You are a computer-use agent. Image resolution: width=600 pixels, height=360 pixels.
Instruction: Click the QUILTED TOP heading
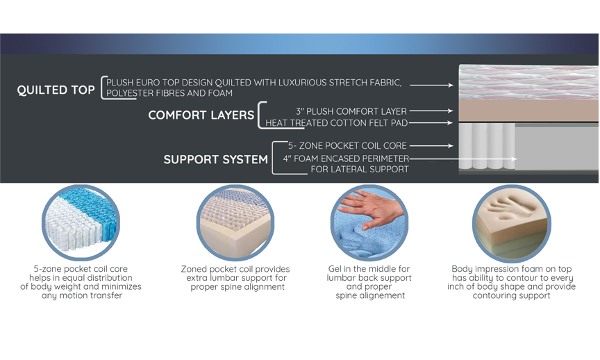[x=56, y=90]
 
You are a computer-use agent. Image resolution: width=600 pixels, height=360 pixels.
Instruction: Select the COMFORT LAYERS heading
[x=201, y=115]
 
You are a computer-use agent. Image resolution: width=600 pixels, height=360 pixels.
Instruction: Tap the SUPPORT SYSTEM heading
[x=215, y=159]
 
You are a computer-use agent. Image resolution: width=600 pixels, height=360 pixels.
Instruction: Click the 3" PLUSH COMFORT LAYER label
[x=351, y=111]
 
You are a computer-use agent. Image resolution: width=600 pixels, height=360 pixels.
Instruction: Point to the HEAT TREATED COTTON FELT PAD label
[x=336, y=123]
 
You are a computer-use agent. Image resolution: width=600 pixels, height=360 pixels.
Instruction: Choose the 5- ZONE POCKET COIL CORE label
[x=347, y=146]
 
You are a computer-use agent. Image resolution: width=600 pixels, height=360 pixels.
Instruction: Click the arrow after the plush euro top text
[x=432, y=85]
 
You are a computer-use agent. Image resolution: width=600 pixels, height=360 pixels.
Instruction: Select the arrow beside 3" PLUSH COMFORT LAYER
[x=431, y=111]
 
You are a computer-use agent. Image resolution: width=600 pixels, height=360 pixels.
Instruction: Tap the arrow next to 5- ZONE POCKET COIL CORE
[x=432, y=145]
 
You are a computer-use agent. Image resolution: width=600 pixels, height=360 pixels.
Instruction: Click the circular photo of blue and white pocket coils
[x=81, y=222]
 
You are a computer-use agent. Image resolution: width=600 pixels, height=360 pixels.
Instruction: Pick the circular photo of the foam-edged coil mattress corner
[x=235, y=222]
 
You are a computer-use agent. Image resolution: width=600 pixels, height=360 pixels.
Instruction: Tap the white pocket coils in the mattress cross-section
[x=487, y=146]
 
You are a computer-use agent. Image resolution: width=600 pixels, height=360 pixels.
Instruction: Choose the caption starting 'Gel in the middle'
[x=369, y=282]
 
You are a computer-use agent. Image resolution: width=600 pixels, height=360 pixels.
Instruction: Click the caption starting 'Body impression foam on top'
[x=512, y=282]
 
